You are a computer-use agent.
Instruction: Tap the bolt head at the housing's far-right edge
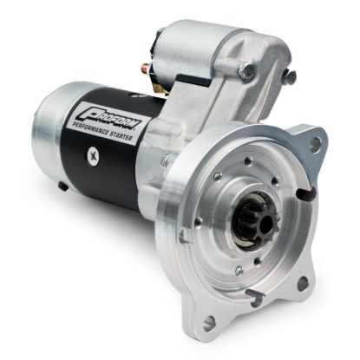(288, 76)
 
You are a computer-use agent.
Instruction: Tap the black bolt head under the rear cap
(62, 186)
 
